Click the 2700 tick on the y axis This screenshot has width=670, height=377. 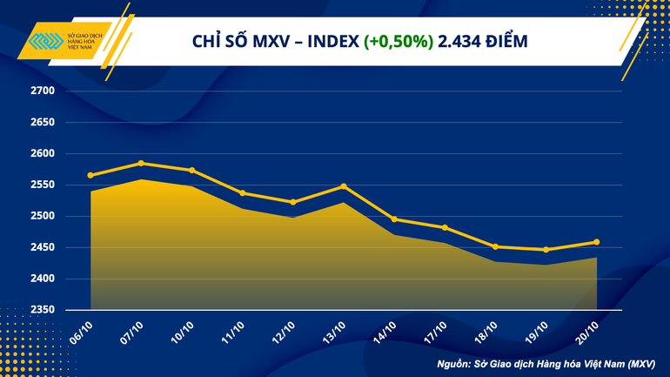[43, 91]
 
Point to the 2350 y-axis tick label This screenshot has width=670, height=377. [43, 310]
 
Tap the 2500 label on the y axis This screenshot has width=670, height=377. [43, 216]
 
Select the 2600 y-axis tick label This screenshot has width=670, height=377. [43, 153]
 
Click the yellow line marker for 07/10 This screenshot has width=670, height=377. [141, 163]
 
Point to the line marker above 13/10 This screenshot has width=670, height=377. [344, 186]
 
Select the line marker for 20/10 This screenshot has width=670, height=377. [596, 242]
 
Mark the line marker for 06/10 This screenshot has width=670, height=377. [90, 175]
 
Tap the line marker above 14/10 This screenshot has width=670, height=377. [394, 219]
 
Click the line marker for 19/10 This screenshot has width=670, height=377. [546, 250]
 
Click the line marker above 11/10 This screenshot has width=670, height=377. [242, 193]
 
